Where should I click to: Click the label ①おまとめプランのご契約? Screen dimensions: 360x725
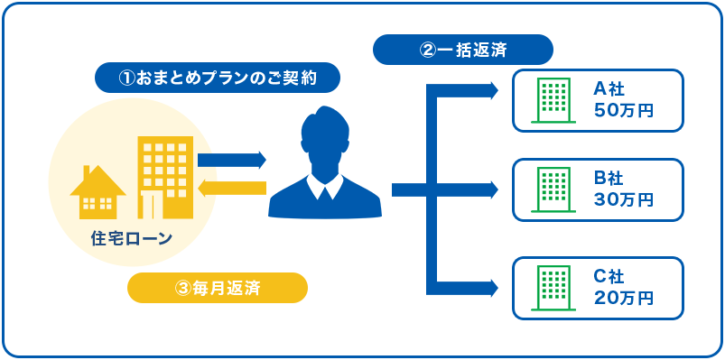tap(218, 78)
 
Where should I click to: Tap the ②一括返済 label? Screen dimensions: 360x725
tap(462, 50)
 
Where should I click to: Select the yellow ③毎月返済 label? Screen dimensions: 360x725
tap(218, 288)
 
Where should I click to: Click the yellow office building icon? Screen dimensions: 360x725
tap(165, 177)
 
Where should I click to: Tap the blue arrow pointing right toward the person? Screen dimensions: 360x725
tap(231, 160)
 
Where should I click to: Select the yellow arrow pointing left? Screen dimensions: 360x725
tap(231, 188)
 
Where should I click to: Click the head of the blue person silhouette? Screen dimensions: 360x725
tap(325, 135)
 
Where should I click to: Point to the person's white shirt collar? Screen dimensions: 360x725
tap(325, 187)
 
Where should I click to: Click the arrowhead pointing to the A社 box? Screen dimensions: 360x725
tap(492, 90)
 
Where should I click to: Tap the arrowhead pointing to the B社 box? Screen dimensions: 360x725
tap(492, 189)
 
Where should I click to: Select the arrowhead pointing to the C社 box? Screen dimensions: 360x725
tap(492, 288)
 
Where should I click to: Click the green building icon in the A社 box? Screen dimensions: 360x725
tap(553, 100)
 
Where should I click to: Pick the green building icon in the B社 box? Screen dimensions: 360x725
tap(553, 190)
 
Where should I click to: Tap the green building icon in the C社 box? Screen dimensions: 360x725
tap(553, 289)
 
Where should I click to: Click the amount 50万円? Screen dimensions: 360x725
tap(624, 110)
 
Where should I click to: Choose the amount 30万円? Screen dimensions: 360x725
tap(624, 199)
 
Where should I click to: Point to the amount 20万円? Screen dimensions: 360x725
tap(624, 299)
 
